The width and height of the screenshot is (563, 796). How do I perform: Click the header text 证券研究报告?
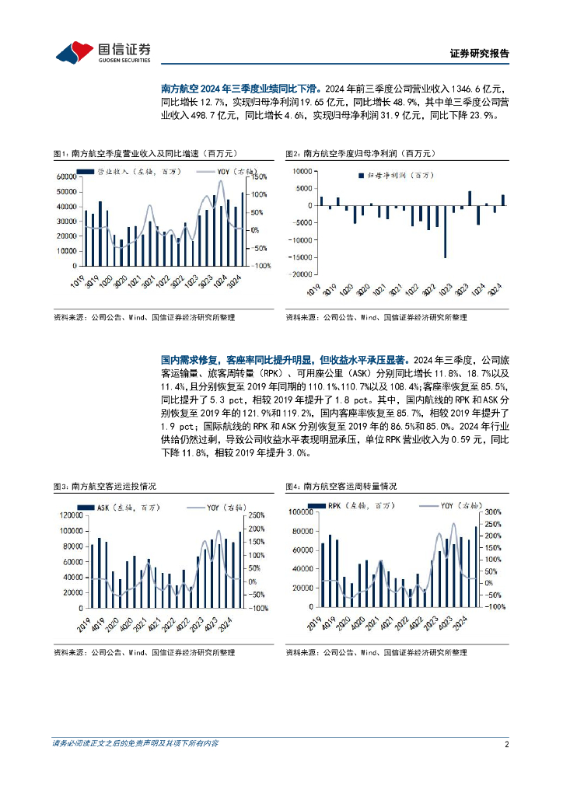click(480, 54)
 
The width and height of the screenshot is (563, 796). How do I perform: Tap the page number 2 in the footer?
click(506, 743)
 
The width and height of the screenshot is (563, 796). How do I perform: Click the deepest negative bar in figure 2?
click(446, 231)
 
